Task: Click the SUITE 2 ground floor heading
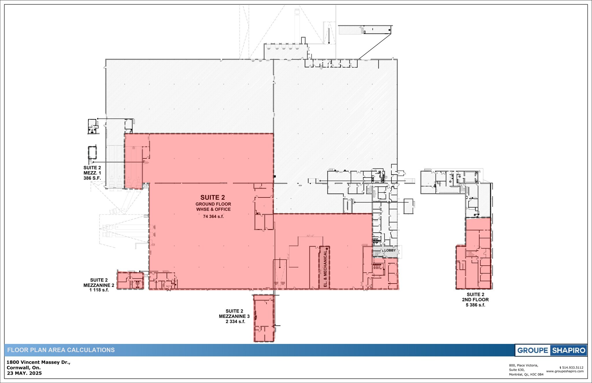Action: point(212,197)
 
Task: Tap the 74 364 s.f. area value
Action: point(213,216)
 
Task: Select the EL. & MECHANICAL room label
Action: point(325,268)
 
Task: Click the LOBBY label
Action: point(390,250)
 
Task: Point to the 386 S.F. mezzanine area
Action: point(92,178)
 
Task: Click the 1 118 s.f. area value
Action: point(99,290)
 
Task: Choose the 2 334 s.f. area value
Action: point(235,321)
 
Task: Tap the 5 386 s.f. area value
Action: point(475,305)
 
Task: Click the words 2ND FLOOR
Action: point(475,300)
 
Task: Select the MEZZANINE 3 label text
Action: point(234,316)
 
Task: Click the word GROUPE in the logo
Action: point(532,350)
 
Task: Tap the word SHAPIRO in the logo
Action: point(569,350)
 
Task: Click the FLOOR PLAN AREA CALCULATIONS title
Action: point(61,350)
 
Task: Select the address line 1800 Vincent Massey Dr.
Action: point(38,362)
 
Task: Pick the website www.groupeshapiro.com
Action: point(565,371)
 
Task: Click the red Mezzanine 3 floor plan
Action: point(264,318)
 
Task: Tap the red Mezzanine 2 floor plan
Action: point(130,280)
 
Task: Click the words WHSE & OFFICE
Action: point(213,209)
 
